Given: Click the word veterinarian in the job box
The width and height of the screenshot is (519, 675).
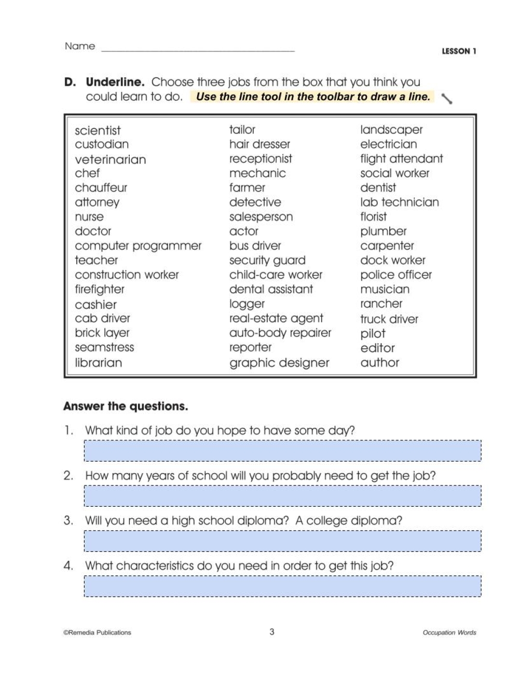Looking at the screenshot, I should [110, 159].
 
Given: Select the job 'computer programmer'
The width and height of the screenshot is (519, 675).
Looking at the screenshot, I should [138, 246].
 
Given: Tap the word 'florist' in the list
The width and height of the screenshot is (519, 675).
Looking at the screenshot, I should [373, 217].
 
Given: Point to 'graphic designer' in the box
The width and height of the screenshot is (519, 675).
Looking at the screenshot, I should [279, 363].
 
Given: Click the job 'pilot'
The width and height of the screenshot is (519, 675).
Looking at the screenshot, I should [373, 333].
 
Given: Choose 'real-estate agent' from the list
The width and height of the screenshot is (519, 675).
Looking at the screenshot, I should [276, 318].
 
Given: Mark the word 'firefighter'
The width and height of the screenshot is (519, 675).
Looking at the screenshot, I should [100, 289].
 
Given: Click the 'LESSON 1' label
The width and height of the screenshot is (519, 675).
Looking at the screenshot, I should [459, 51].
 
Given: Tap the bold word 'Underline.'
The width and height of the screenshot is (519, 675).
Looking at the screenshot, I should [115, 82].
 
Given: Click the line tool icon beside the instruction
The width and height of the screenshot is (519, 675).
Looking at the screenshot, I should [446, 98].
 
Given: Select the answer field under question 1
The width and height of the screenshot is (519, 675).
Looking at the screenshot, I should [282, 451].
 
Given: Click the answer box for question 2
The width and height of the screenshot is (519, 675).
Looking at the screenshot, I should [282, 496].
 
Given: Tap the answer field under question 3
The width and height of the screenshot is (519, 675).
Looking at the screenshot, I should [282, 541].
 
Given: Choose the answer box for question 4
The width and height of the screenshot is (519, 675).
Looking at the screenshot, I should [282, 586].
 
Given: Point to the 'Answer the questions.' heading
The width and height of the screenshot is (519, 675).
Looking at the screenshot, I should [126, 407].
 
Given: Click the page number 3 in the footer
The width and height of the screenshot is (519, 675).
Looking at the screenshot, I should [271, 632].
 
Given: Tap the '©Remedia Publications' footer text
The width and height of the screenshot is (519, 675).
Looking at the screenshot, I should [97, 632].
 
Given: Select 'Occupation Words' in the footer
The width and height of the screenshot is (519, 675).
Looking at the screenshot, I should [449, 632].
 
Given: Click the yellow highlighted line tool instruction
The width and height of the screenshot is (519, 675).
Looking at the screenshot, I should [313, 97].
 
